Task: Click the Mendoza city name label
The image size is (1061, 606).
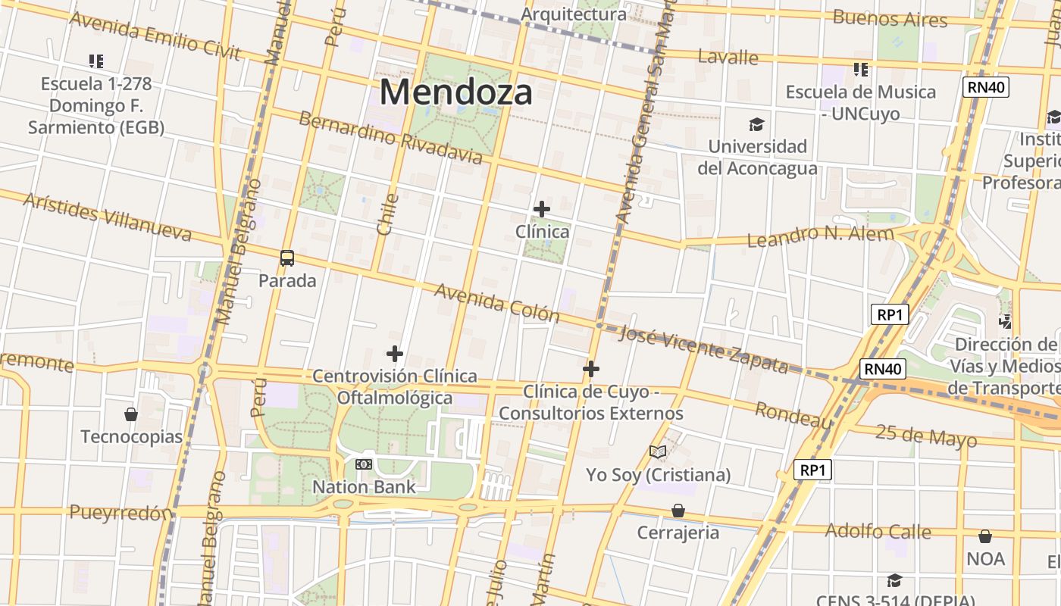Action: [x=455, y=92]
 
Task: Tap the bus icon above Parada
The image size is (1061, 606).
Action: [x=287, y=258]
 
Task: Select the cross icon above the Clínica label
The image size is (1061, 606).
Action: [x=542, y=208]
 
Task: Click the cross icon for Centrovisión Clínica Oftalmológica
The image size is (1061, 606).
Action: [x=394, y=354]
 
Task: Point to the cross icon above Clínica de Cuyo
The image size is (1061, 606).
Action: [x=591, y=369]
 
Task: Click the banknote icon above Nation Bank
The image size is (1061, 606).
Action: [x=364, y=464]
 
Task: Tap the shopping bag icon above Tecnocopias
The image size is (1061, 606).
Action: [x=131, y=414]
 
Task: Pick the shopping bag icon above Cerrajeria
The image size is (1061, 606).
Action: [x=678, y=511]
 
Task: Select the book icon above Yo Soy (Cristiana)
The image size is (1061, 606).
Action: [x=658, y=452]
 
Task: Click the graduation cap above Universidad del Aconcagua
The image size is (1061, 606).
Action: [x=756, y=124]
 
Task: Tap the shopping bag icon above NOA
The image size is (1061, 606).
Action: [x=985, y=537]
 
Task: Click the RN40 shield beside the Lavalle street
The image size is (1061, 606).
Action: [x=986, y=87]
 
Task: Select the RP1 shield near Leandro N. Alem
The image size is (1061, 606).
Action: [x=889, y=314]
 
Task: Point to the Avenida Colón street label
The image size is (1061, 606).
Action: [x=496, y=303]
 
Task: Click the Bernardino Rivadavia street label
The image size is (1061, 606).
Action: [x=390, y=138]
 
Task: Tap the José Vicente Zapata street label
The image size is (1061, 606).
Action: [x=704, y=349]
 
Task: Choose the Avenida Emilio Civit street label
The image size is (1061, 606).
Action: [x=155, y=35]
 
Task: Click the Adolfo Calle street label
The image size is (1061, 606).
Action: [x=878, y=531]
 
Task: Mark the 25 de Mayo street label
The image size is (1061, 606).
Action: [x=926, y=436]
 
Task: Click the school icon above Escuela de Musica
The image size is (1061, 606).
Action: [x=861, y=70]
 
